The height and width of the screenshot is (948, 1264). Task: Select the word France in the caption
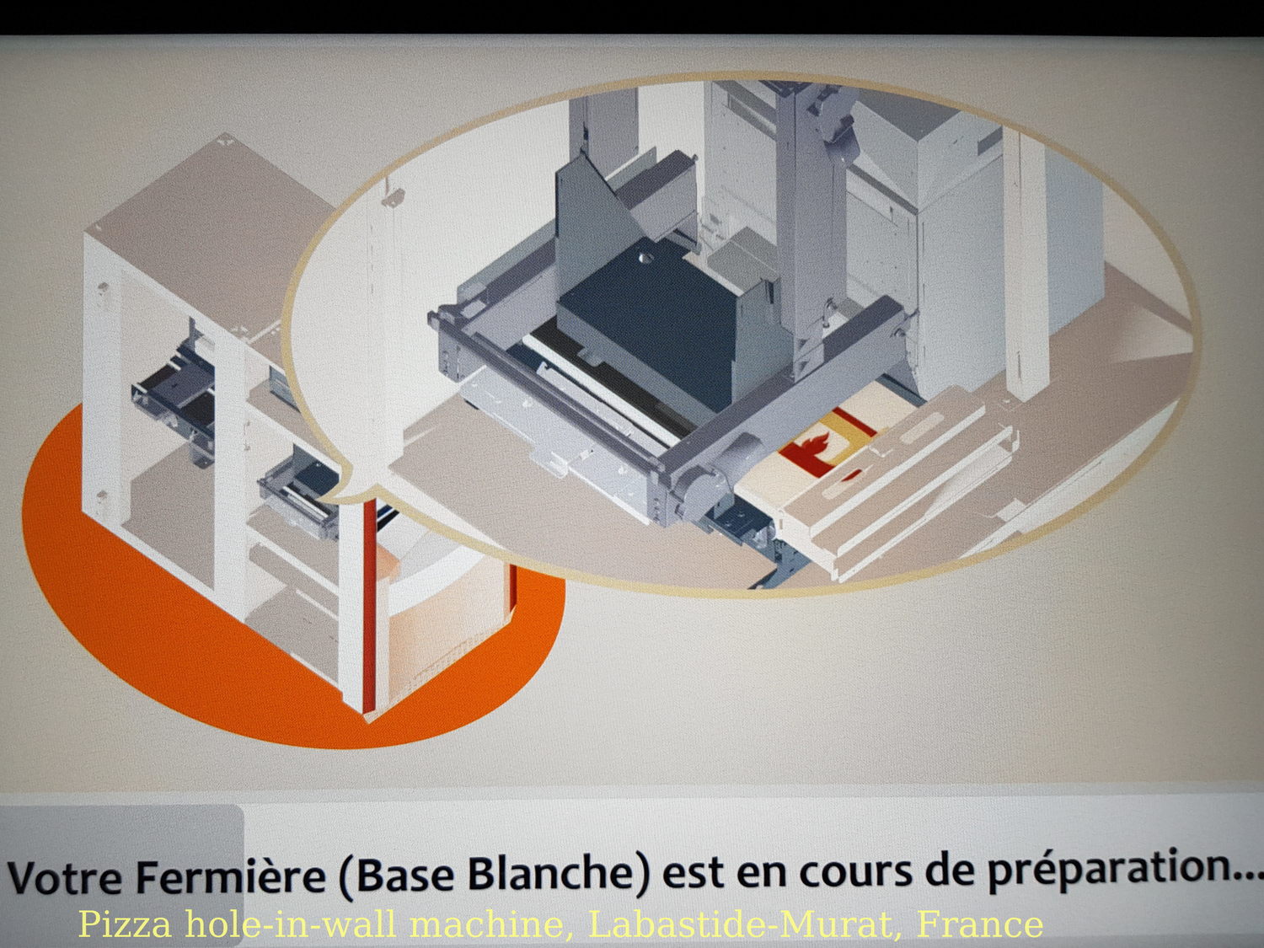point(979,924)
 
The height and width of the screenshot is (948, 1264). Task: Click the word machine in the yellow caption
point(490,924)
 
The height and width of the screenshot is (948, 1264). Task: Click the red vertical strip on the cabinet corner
point(369,604)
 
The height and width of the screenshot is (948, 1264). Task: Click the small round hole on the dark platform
point(645,259)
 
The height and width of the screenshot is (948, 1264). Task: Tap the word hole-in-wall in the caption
point(290,924)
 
